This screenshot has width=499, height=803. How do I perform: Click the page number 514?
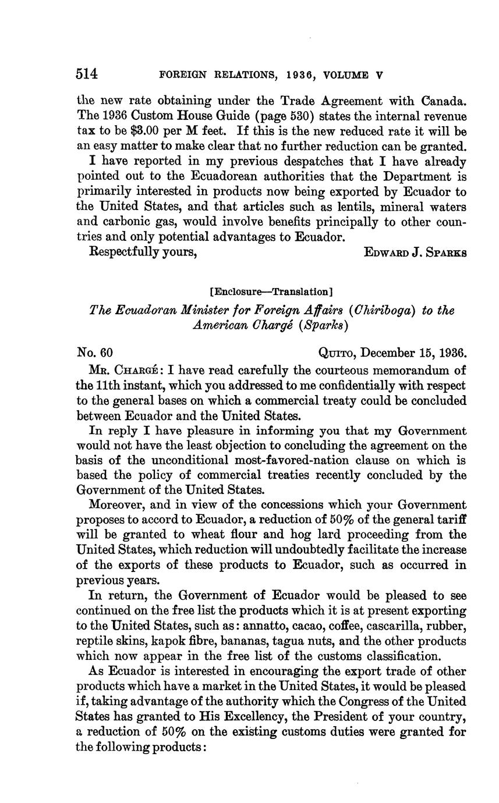point(87,74)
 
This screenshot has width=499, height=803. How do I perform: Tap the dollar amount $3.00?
point(143,132)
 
